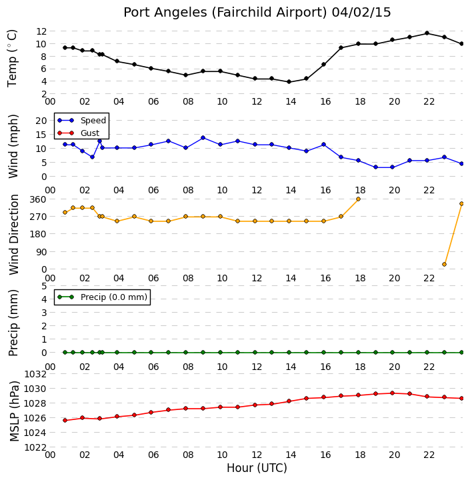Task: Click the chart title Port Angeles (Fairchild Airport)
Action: [x=225, y=13]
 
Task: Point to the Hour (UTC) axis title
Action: [x=257, y=468]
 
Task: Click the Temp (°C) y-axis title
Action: [x=12, y=58]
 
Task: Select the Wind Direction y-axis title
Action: [x=14, y=235]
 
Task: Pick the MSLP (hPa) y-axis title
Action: [x=14, y=411]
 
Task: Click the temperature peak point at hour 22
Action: [x=427, y=33]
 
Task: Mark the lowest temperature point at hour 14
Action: [x=289, y=82]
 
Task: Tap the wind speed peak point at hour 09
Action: [x=203, y=138]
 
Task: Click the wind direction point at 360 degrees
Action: [x=358, y=199]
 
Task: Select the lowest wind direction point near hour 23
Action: [x=444, y=264]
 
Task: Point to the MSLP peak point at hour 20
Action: [x=392, y=393]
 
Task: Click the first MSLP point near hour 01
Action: [x=65, y=420]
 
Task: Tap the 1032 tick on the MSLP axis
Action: [x=35, y=374]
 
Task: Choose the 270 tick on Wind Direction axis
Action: [x=38, y=217]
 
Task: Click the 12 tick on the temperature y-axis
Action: [x=41, y=31]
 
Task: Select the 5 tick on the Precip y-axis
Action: [x=44, y=286]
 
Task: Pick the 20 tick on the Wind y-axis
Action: [x=41, y=121]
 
